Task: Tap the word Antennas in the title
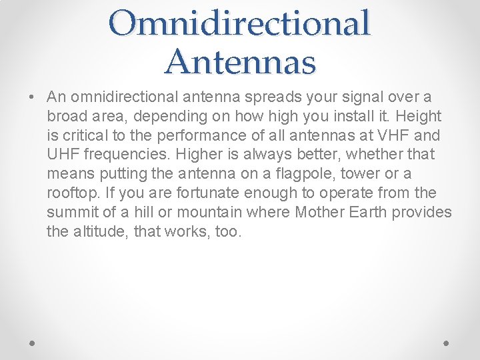(240, 61)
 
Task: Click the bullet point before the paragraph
(33, 97)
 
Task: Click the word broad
(65, 117)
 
